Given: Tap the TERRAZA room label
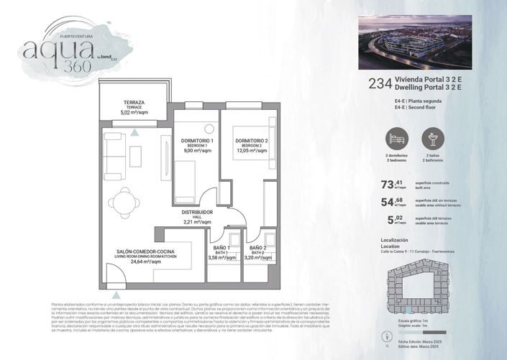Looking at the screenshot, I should (x=134, y=103).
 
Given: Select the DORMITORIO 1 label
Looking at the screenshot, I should (x=196, y=140).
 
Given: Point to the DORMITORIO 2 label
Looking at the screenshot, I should (x=251, y=140).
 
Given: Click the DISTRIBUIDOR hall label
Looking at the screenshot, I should (x=196, y=213).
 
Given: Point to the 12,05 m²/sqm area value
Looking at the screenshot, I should (x=251, y=151).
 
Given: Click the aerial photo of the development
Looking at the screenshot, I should (x=414, y=42).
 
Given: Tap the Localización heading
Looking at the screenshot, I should (x=394, y=239).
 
